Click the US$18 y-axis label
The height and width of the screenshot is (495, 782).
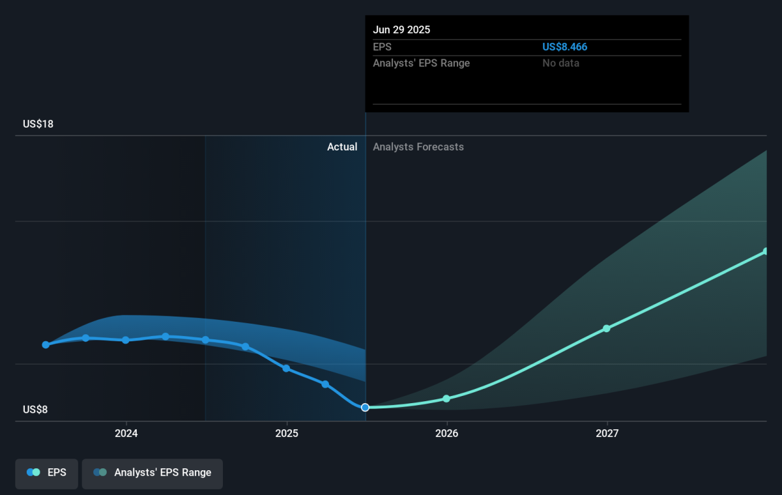click(x=38, y=124)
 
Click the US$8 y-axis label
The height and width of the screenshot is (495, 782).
click(x=35, y=409)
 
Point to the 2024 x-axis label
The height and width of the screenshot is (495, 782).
click(x=126, y=433)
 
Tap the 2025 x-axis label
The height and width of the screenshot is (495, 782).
click(x=287, y=433)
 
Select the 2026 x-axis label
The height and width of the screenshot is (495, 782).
click(x=447, y=433)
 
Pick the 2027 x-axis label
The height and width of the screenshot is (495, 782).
click(x=607, y=433)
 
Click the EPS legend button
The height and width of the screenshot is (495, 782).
click(x=46, y=474)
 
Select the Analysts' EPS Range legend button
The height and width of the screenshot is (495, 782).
click(x=152, y=474)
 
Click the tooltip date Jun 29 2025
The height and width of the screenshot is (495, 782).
click(x=401, y=30)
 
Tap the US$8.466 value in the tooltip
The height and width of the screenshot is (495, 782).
click(x=564, y=47)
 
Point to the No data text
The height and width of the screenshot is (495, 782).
click(x=560, y=63)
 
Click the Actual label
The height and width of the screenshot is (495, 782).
click(x=342, y=147)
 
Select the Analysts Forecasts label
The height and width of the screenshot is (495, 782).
click(x=418, y=147)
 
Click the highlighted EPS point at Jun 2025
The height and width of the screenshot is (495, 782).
click(x=365, y=408)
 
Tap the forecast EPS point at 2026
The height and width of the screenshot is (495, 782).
click(x=446, y=399)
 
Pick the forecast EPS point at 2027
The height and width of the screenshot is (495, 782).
click(x=607, y=328)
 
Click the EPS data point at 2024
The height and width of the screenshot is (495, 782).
click(x=126, y=340)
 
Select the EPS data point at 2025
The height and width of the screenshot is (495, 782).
click(x=286, y=369)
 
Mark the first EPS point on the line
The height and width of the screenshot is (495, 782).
click(x=46, y=345)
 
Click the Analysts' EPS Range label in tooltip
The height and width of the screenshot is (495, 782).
click(x=422, y=63)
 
